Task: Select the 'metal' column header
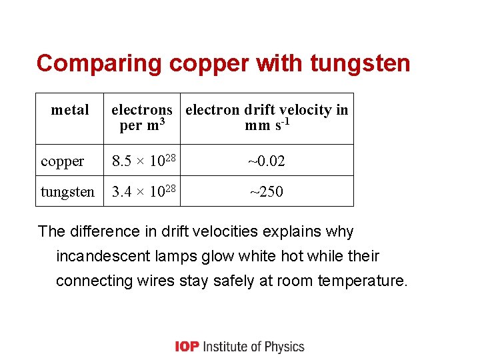(70, 110)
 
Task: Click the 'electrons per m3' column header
(142, 117)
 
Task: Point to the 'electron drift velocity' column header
(267, 117)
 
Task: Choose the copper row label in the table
(63, 161)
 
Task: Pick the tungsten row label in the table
(67, 192)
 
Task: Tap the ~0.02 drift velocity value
(267, 161)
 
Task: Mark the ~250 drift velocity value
(267, 192)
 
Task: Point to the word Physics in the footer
(284, 347)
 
